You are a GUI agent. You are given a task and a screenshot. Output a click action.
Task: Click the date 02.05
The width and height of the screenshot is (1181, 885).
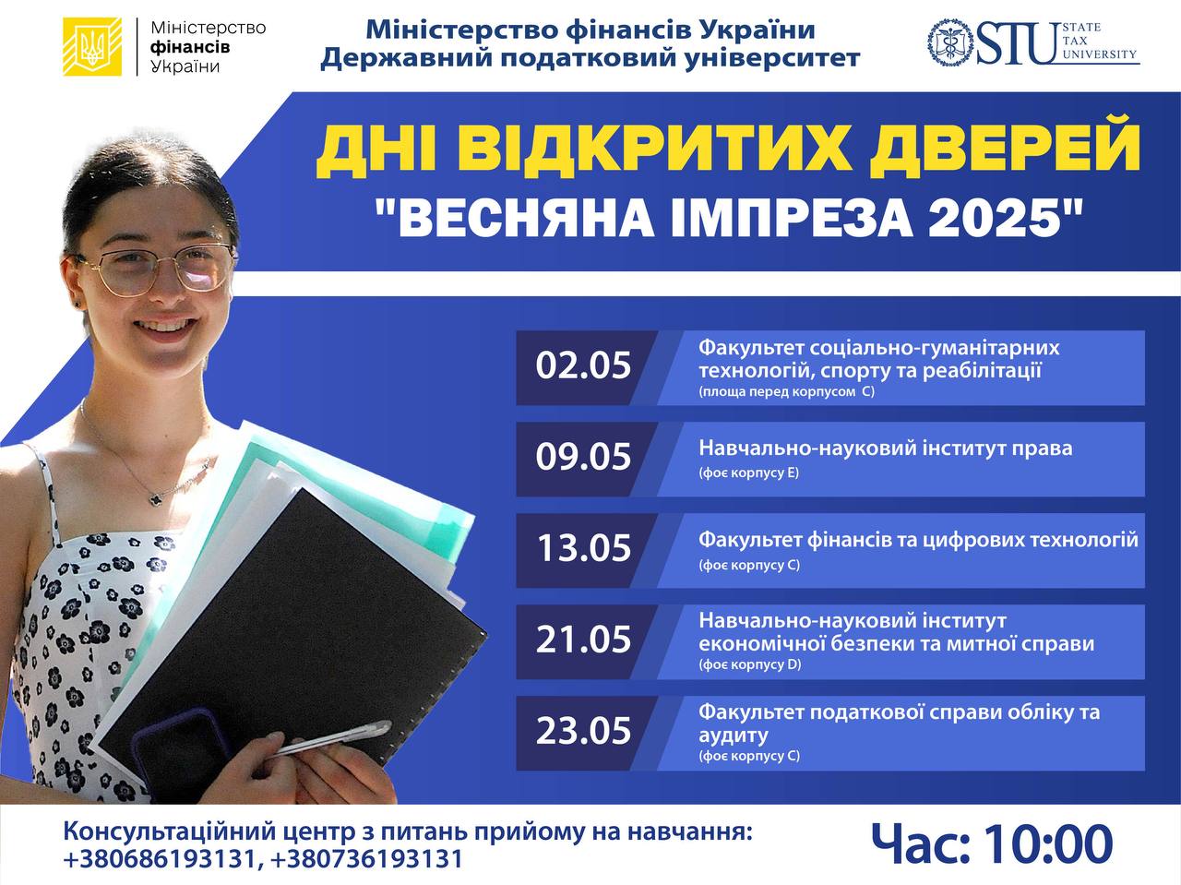583,365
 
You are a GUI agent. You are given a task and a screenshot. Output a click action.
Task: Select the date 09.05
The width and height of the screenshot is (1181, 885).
583,457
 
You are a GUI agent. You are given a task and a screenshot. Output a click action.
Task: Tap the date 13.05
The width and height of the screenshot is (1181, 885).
584,548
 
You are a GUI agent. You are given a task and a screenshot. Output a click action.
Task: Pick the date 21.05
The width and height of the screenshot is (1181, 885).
583,640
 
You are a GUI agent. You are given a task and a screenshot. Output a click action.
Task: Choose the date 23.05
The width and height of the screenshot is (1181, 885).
583,731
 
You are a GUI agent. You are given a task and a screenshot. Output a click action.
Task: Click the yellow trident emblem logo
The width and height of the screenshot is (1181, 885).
92,46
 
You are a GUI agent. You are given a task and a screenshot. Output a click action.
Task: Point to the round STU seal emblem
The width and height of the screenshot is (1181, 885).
950,42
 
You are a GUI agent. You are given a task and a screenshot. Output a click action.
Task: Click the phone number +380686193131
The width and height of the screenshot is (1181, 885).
160,859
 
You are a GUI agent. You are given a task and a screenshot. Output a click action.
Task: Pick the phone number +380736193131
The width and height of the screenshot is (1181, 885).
367,859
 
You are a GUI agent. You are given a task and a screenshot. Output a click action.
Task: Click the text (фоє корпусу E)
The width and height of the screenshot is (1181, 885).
749,472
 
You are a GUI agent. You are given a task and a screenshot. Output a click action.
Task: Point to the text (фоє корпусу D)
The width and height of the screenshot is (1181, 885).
750,664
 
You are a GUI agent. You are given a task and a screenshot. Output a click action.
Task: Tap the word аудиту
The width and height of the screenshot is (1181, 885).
734,735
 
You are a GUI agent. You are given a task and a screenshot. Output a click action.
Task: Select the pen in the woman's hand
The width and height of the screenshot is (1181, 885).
335,738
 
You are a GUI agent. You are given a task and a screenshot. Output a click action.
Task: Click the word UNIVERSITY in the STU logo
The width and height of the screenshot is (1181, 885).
1100,54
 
